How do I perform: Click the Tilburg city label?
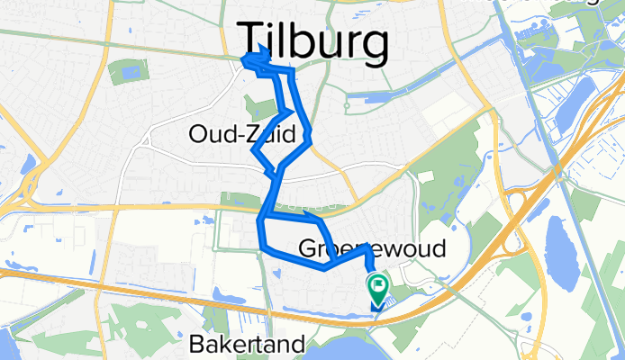coord(314,42)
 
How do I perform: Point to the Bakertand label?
coord(248,343)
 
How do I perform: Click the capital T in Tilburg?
coord(252,40)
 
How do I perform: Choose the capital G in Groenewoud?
coord(304,248)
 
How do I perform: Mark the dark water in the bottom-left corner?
coord(5,346)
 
